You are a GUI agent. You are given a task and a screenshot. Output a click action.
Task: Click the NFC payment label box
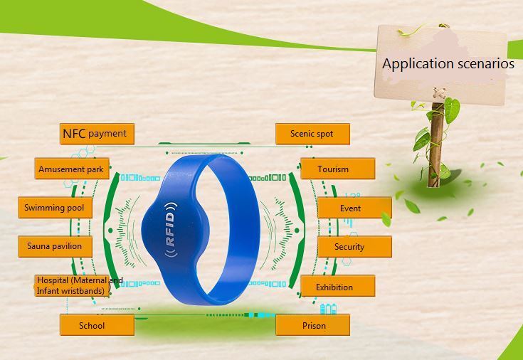pyautogui.click(x=97, y=134)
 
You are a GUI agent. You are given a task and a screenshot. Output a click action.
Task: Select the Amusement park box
pyautogui.click(x=72, y=169)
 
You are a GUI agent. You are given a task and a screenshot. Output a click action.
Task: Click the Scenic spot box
pyautogui.click(x=312, y=134)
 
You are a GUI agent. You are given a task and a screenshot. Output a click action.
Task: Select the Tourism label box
pyautogui.click(x=337, y=169)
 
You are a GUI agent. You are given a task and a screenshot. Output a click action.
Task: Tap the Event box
pyautogui.click(x=354, y=208)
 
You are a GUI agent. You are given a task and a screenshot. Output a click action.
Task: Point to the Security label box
pyautogui.click(x=354, y=247)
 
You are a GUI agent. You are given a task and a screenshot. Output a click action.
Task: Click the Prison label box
pyautogui.click(x=312, y=325)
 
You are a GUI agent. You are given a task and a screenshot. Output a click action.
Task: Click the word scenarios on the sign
pyautogui.click(x=485, y=63)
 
